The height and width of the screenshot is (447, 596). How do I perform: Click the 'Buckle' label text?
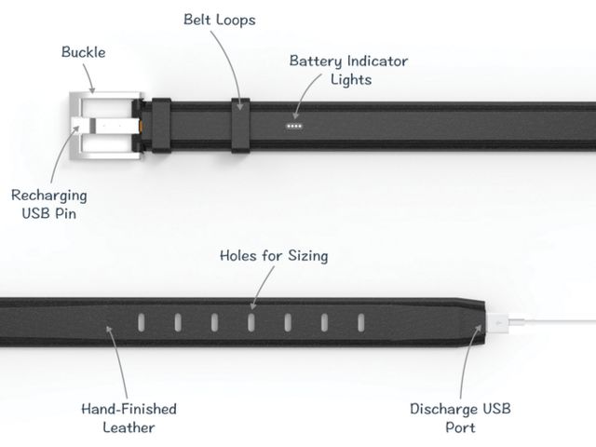[x=84, y=52]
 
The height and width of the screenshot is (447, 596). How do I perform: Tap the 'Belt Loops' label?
[x=220, y=20]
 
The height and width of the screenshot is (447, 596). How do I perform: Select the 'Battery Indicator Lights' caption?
[x=349, y=71]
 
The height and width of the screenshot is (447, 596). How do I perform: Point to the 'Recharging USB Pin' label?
[x=49, y=204]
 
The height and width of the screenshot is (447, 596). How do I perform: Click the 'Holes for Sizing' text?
[x=274, y=256]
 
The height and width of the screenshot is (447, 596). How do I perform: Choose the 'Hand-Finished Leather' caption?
[x=129, y=418]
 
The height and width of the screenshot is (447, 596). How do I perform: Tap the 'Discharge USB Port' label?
[x=460, y=418]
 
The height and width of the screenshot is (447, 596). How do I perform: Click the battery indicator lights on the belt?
[x=294, y=127]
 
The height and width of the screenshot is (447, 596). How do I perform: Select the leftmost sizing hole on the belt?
[x=141, y=322]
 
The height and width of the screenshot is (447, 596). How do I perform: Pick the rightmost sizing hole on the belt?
[x=361, y=322]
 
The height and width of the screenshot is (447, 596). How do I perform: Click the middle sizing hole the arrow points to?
[x=251, y=322]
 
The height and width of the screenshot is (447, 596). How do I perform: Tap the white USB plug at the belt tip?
[x=498, y=323]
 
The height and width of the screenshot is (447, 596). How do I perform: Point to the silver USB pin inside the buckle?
[x=105, y=125]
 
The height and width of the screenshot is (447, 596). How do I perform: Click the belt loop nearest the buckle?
[x=161, y=126]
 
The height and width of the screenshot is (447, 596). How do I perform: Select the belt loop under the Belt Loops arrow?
[x=240, y=126]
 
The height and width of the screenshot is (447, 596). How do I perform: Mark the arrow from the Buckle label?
[x=88, y=78]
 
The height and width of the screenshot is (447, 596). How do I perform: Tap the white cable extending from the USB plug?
[x=552, y=322]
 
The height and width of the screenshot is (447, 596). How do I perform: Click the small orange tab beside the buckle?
[x=142, y=126]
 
